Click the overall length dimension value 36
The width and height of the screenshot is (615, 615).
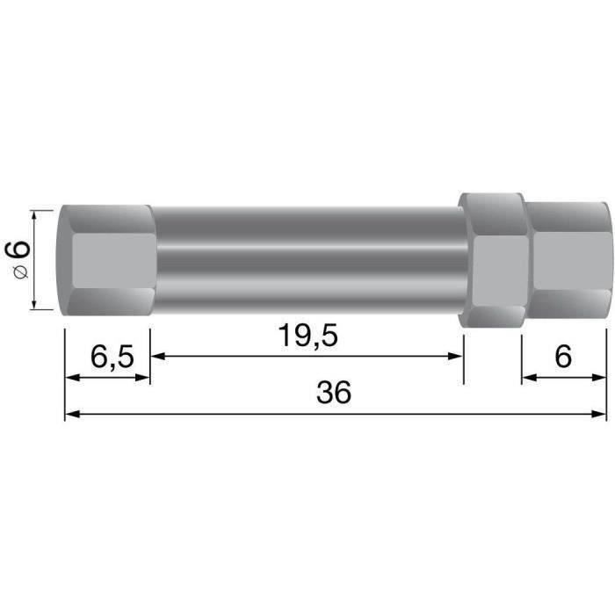point(334,393)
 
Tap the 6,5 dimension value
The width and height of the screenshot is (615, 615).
point(112,358)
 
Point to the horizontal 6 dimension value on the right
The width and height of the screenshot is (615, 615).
point(564,358)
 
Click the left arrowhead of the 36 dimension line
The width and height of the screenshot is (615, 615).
point(72,412)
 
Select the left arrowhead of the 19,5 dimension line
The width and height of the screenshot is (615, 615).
point(158,356)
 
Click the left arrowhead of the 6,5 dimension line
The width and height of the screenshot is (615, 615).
point(72,379)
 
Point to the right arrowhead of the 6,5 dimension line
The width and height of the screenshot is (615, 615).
point(143,379)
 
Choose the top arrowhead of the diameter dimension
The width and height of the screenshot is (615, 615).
point(34,216)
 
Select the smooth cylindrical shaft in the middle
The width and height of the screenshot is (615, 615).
point(307,260)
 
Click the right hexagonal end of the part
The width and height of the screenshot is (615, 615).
point(567,260)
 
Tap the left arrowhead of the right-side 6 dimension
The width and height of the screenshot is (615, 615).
point(530,379)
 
